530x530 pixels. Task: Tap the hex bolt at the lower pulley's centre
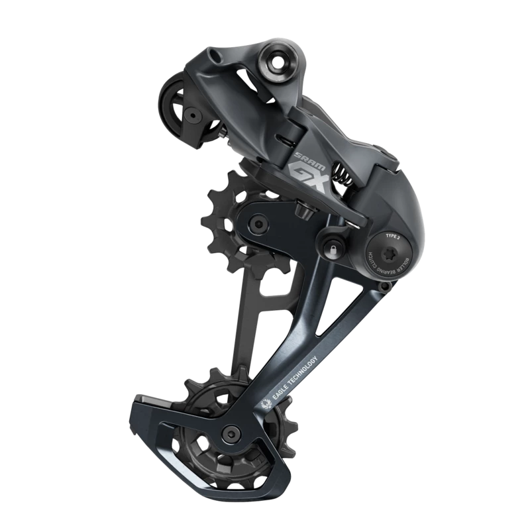[231, 435]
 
